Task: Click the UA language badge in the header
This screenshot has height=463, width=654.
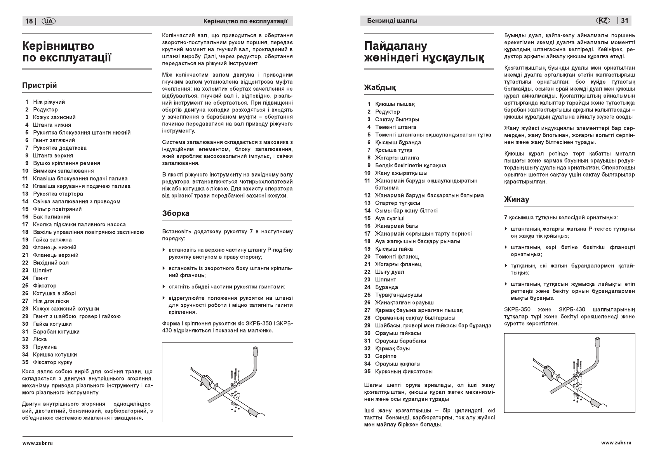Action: tap(49, 21)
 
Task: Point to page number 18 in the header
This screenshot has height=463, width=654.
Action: tap(29, 21)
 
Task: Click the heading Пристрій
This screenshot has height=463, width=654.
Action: tap(39, 86)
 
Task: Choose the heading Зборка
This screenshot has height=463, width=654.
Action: tap(176, 213)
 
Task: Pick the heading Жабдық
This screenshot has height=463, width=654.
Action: tap(380, 88)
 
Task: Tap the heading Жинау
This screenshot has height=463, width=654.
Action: tap(517, 200)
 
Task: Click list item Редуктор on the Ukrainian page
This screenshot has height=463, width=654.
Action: tap(45, 110)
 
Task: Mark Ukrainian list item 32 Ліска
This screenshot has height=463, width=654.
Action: tap(40, 339)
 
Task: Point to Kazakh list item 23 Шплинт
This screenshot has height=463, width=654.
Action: tap(385, 280)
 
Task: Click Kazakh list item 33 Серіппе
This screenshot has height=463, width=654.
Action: tap(386, 356)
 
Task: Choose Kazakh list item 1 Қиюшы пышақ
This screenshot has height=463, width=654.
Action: tap(395, 104)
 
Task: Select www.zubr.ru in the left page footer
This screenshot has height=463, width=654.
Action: tap(37, 443)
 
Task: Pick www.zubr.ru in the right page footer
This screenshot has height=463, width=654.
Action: tap(616, 443)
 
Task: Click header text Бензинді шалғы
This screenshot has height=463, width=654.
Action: tap(392, 21)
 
